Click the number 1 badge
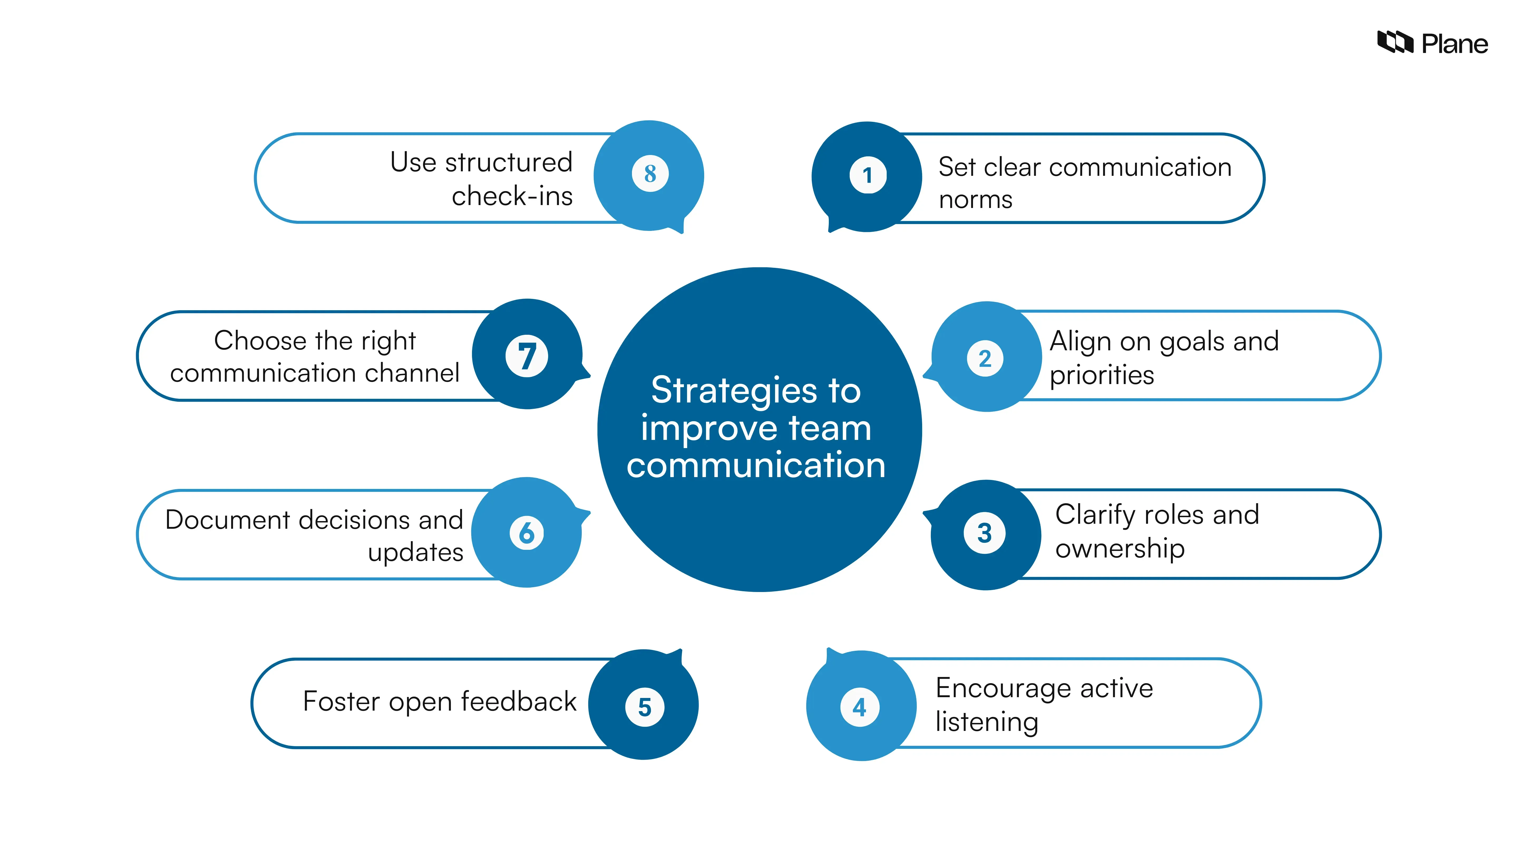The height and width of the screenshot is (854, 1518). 867,175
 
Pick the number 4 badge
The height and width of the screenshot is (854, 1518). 860,707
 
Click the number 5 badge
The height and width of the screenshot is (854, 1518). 645,707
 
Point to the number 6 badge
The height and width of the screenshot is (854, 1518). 526,533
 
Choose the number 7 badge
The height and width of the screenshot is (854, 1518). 527,356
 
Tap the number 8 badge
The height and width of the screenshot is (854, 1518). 650,173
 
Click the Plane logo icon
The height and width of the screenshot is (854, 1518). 1394,42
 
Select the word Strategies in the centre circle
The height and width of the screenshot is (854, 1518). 734,391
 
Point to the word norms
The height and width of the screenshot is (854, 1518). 975,200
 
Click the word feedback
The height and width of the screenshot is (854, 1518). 519,701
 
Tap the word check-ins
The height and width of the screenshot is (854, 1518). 512,196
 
